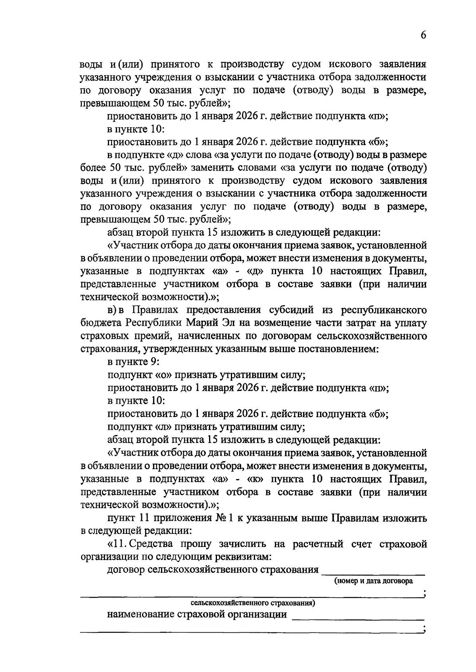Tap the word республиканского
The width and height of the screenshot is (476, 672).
pos(384,310)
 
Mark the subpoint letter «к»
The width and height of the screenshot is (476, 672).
pos(258,479)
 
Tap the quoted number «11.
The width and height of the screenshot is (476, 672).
pos(117,544)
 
